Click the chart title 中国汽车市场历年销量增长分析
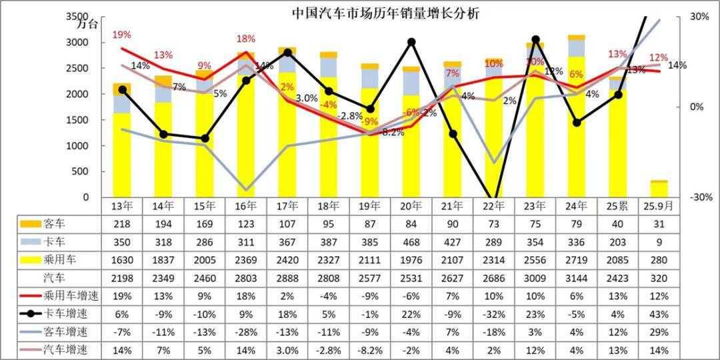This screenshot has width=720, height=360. click(x=385, y=13)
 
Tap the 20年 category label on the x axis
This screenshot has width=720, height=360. click(x=411, y=206)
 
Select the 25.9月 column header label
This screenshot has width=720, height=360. click(x=659, y=206)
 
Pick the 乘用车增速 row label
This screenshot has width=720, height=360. click(x=50, y=295)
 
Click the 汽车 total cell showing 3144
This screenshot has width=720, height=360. click(x=577, y=277)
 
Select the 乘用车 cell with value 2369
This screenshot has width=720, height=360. click(x=247, y=259)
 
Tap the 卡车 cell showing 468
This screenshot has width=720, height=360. click(x=411, y=241)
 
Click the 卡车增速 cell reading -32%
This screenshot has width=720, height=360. click(x=494, y=313)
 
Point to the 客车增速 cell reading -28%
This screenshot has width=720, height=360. click(x=247, y=331)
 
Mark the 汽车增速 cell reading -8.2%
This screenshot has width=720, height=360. click(x=370, y=349)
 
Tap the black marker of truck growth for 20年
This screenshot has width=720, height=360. click(x=411, y=42)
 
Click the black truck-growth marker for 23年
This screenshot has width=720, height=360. click(x=535, y=40)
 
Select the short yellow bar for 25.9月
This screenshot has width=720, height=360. click(x=659, y=189)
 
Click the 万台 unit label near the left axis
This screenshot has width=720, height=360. click(x=87, y=25)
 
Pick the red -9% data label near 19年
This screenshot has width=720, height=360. click(x=370, y=121)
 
